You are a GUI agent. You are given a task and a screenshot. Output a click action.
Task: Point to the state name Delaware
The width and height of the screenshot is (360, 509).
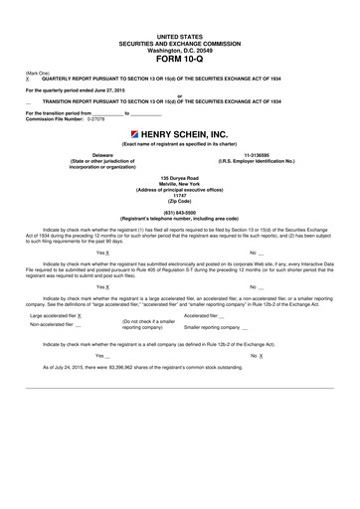[103, 156]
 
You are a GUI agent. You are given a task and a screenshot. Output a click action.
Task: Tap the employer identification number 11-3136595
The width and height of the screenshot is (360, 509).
[256, 156]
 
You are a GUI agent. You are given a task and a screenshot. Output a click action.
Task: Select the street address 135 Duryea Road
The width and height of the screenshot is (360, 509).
[180, 177]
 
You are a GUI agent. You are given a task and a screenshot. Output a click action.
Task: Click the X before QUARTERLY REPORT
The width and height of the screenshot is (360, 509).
[28, 76]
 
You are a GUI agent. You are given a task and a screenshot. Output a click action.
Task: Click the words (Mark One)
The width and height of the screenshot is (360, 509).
[36, 70]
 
